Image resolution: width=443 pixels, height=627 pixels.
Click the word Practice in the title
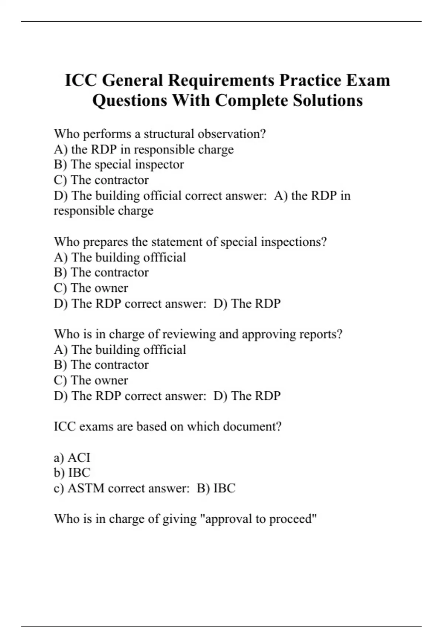click(310, 80)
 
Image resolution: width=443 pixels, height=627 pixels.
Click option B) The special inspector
click(119, 164)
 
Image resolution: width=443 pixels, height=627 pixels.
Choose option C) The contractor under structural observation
click(101, 180)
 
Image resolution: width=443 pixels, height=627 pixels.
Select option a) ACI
click(72, 458)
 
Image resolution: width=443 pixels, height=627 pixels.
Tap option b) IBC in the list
click(72, 473)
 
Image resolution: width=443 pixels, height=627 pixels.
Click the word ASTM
click(86, 488)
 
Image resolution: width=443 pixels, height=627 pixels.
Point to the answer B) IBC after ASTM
click(216, 488)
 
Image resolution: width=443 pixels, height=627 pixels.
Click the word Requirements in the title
click(221, 80)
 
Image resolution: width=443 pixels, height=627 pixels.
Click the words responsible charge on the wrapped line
click(103, 211)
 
